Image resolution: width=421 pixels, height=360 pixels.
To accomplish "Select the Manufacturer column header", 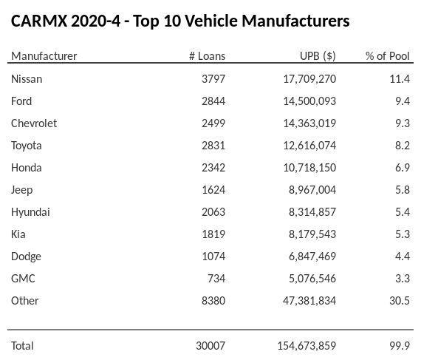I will click(44, 56).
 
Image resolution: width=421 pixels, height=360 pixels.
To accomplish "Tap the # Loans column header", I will click(207, 56).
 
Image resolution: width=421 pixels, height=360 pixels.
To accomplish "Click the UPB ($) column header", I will click(318, 56).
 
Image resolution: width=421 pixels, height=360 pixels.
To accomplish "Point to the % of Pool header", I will click(387, 56).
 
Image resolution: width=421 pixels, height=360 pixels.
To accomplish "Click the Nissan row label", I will click(27, 79).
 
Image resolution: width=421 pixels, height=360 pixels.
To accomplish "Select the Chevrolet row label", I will click(34, 123).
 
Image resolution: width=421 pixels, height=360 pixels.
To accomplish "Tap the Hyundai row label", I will click(30, 212).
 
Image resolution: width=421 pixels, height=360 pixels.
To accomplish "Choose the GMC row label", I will click(23, 279).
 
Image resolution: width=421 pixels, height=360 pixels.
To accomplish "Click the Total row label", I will click(22, 346).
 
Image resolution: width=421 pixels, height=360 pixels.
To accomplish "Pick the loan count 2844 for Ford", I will click(212, 101).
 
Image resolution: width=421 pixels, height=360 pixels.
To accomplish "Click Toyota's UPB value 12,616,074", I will click(307, 146).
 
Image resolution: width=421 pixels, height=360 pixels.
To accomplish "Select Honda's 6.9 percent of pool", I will click(402, 168).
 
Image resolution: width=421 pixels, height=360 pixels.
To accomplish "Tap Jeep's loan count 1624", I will click(212, 190).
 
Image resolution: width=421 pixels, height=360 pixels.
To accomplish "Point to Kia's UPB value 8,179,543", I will click(309, 234).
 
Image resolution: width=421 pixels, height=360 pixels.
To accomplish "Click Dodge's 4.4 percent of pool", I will click(402, 257).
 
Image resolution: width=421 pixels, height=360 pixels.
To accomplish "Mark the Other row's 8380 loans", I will click(212, 301).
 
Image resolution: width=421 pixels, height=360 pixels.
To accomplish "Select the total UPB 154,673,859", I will click(304, 346).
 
